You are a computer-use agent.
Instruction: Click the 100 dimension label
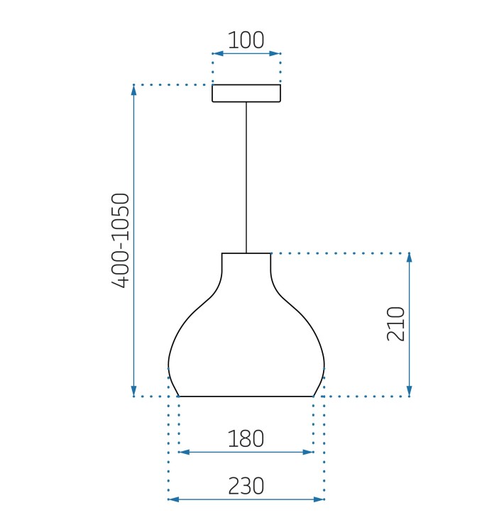[246, 40]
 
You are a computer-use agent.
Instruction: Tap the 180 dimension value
[246, 438]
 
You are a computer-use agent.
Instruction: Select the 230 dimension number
[246, 486]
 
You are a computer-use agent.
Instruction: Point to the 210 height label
[396, 323]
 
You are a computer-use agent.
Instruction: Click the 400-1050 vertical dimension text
[121, 240]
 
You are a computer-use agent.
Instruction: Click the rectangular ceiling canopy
[246, 93]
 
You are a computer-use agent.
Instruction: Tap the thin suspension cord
[246, 177]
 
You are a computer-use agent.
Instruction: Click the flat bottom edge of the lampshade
[246, 396]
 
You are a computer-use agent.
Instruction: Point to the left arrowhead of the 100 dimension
[218, 53]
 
